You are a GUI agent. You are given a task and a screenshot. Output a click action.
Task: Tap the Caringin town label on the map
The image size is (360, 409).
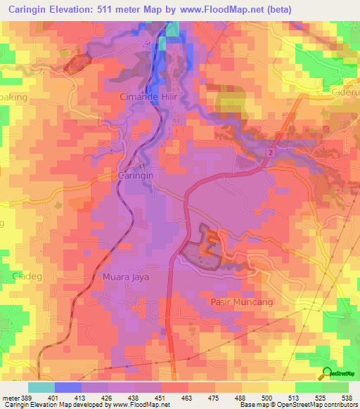point(136,174)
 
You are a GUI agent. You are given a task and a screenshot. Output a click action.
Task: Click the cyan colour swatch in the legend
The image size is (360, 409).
point(41,387)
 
